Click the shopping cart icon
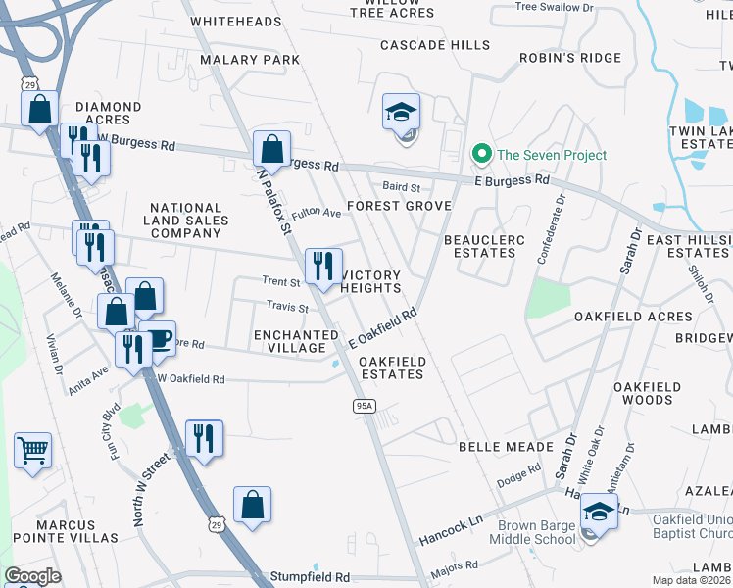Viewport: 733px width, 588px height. coord(32,451)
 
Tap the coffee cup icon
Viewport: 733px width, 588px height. coord(160,338)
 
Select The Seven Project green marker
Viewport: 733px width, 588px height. coord(481,154)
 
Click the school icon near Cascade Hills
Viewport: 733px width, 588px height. coord(401,111)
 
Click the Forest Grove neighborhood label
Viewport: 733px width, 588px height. coord(399,206)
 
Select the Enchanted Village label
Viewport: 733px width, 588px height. coord(289,341)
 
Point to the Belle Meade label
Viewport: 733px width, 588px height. coord(507,446)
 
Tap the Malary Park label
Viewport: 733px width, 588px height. coord(250,60)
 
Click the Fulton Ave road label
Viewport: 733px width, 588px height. coord(315,212)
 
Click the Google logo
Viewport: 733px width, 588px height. coord(33,576)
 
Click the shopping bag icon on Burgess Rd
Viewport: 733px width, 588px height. coord(271,149)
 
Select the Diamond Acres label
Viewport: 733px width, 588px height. coord(109,114)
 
